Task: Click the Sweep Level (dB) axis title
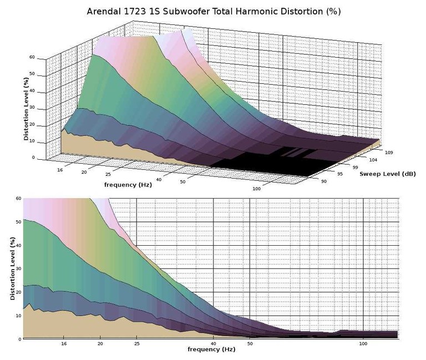coord(387,174)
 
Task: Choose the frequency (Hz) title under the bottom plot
coord(210,349)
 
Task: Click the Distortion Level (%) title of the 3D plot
coord(26,109)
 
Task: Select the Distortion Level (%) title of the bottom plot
coord(12,268)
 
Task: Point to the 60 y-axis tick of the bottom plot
coord(18,198)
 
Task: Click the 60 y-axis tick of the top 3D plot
coord(32,57)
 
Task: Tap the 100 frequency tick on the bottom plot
coord(363,344)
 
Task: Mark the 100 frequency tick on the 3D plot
coord(257,189)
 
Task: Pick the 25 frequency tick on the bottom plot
coord(136,344)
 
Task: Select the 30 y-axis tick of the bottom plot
coord(18,268)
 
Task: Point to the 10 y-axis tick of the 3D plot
coord(32,141)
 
